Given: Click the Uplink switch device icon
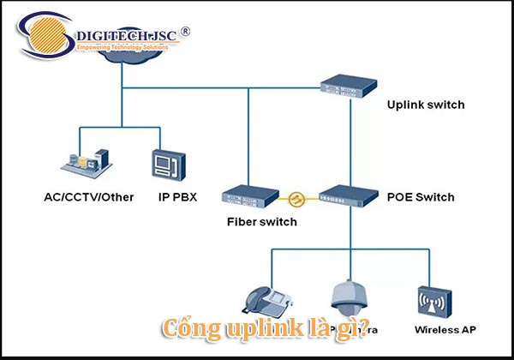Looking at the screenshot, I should pyautogui.click(x=349, y=83).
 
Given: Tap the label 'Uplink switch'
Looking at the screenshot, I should pyautogui.click(x=425, y=105).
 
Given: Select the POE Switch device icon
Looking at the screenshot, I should pyautogui.click(x=348, y=196).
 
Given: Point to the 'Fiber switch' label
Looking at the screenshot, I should pyautogui.click(x=261, y=222).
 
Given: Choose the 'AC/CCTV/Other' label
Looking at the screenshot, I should pyautogui.click(x=88, y=197).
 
